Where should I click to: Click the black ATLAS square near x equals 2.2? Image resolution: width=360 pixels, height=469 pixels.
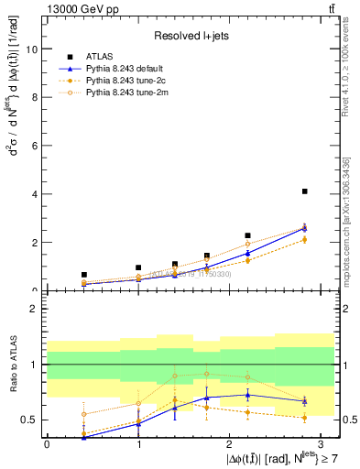tap(247, 235)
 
